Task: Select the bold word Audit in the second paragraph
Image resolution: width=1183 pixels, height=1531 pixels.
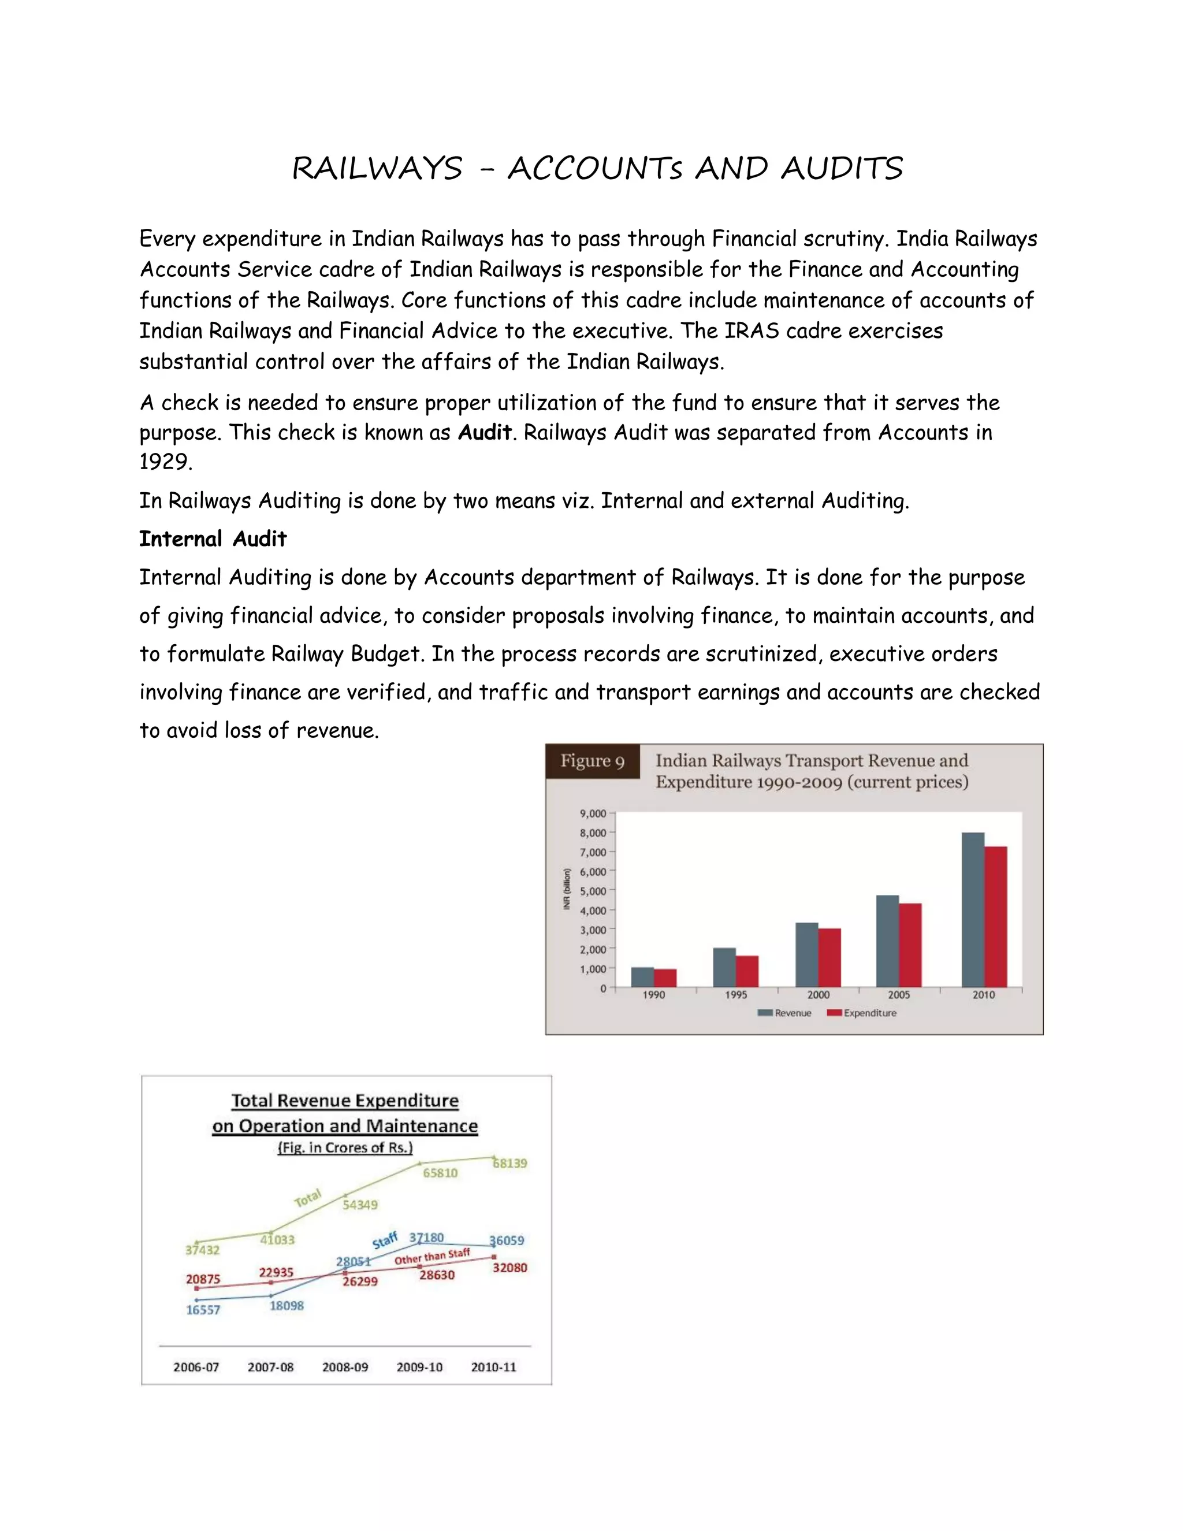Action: coord(484,433)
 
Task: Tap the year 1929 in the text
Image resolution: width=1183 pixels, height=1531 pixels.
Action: coord(165,462)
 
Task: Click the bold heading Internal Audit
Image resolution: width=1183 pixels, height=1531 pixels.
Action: coord(213,539)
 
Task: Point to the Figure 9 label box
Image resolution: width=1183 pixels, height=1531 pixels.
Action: coord(592,761)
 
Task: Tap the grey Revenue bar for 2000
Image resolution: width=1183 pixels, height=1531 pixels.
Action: coord(806,955)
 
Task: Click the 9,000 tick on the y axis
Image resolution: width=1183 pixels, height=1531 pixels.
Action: coord(593,813)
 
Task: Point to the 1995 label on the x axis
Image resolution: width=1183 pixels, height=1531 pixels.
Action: coord(736,995)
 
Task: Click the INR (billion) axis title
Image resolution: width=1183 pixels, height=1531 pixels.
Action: coord(567,889)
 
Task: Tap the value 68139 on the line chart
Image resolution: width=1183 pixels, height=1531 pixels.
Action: coord(510,1163)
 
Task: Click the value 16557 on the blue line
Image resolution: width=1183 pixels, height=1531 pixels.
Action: coord(203,1310)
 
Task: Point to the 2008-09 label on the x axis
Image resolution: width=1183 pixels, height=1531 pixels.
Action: coord(345,1367)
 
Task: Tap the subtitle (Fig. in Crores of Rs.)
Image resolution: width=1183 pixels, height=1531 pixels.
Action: coord(345,1147)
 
